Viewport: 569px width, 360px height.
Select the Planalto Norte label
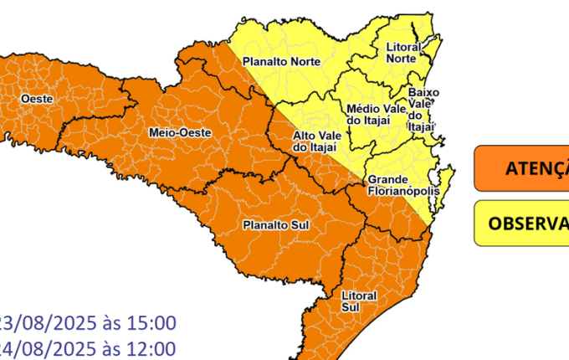coord(276,61)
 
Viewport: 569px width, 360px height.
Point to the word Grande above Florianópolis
coord(387,179)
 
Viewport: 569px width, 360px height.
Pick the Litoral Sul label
coord(360,301)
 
